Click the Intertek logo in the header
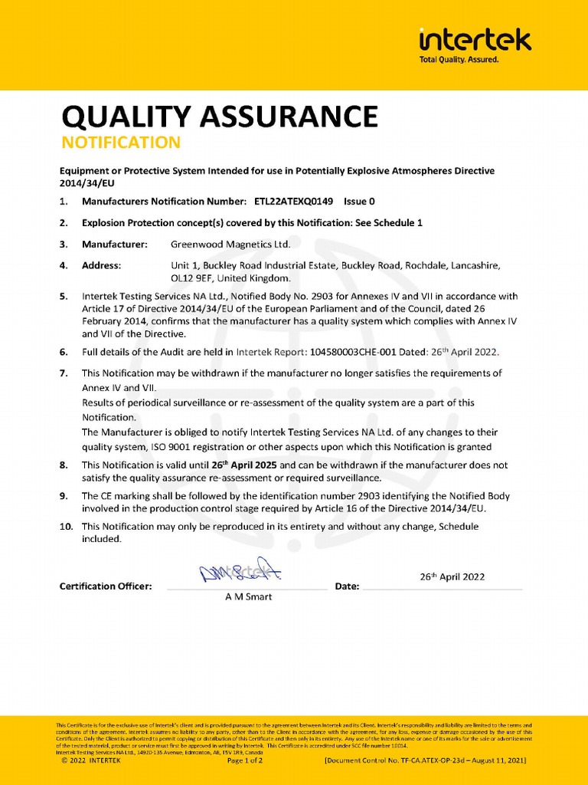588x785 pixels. (x=475, y=41)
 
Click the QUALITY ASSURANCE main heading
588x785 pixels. (x=219, y=117)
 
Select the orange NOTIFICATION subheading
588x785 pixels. (x=121, y=143)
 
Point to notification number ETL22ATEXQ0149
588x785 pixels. (x=294, y=202)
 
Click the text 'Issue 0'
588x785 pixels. (x=359, y=202)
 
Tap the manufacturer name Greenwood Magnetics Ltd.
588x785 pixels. (x=230, y=244)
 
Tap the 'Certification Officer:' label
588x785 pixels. (x=106, y=586)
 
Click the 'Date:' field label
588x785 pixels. (x=347, y=586)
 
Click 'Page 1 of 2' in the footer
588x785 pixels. (x=245, y=760)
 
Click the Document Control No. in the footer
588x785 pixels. (x=425, y=760)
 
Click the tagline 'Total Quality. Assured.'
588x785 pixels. (x=459, y=60)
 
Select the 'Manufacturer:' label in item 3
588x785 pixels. (x=114, y=244)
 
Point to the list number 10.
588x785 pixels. (x=67, y=526)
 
